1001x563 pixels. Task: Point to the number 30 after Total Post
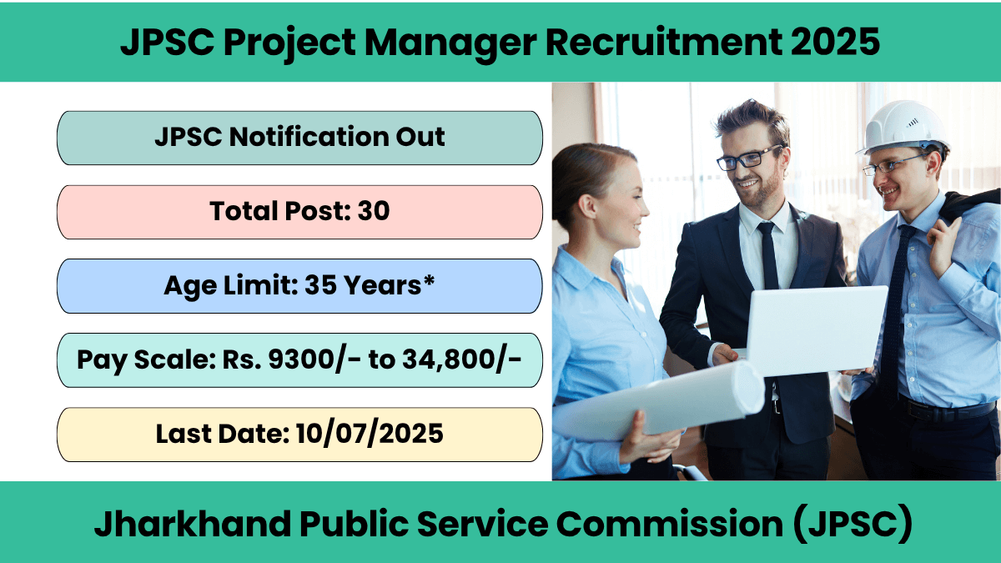pyautogui.click(x=374, y=211)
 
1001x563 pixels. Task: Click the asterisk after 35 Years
pyautogui.click(x=429, y=280)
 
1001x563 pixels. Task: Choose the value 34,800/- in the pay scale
pyautogui.click(x=461, y=360)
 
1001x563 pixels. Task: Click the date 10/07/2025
pyautogui.click(x=370, y=434)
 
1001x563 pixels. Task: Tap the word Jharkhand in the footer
pyautogui.click(x=193, y=523)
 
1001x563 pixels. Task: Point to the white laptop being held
pyautogui.click(x=817, y=329)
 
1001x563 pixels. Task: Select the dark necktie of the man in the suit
pyautogui.click(x=768, y=254)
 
